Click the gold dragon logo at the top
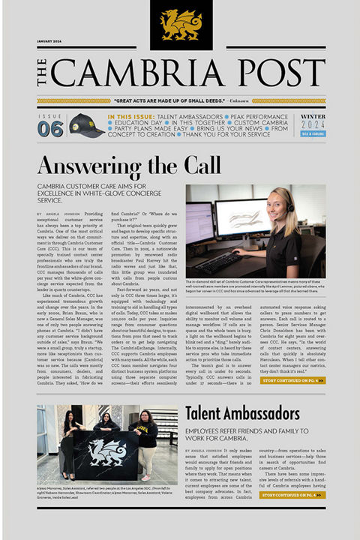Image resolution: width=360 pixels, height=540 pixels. [181, 23]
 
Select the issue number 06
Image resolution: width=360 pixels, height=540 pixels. [49, 129]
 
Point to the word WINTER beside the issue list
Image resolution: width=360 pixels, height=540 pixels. [313, 116]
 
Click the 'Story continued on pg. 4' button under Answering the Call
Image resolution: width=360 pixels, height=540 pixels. [292, 380]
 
